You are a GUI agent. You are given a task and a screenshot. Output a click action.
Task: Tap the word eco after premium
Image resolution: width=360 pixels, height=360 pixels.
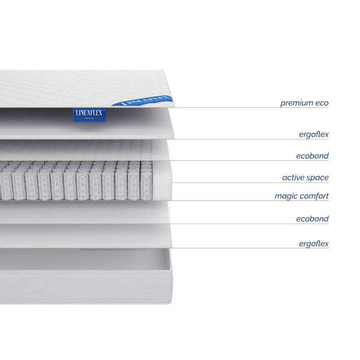322,103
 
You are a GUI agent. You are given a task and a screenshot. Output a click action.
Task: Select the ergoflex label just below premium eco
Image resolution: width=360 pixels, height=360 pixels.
314,134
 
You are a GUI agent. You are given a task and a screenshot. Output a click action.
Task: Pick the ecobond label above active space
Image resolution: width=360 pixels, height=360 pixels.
313,156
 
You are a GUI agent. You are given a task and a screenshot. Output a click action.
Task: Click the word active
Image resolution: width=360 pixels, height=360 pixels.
293,178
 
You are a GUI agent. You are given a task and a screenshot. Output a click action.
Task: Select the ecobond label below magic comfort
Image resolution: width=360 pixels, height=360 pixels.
313,219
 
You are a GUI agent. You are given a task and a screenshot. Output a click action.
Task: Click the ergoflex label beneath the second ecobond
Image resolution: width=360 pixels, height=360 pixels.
314,244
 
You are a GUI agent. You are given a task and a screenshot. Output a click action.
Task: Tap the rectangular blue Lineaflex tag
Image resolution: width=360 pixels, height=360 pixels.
89,115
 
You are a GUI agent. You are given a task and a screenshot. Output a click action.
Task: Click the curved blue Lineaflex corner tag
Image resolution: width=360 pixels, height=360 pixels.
142,101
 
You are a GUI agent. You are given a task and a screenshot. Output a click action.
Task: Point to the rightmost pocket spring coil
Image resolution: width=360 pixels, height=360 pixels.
146,180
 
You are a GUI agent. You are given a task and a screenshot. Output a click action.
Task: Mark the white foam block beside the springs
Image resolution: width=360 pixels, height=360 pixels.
162,180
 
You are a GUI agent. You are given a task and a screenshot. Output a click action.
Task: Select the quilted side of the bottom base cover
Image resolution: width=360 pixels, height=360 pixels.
85,287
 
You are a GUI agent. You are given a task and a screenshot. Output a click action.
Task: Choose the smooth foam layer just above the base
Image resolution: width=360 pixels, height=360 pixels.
85,236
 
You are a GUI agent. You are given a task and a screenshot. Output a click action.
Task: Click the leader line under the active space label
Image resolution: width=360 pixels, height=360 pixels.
250,183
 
